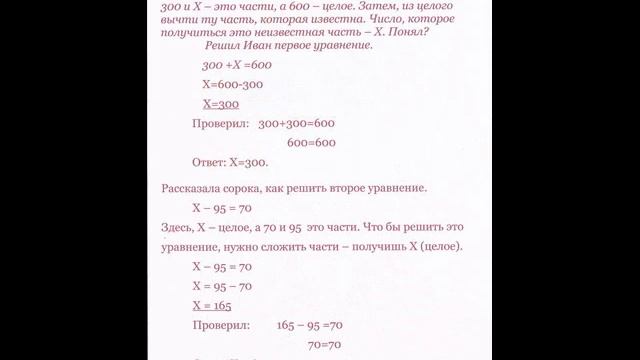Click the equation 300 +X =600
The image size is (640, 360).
click(236, 65)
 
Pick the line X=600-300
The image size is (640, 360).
click(233, 84)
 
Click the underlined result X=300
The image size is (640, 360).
click(220, 103)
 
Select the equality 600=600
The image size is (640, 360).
click(310, 143)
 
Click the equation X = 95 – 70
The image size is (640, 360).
click(221, 286)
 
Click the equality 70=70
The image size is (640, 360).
click(324, 344)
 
